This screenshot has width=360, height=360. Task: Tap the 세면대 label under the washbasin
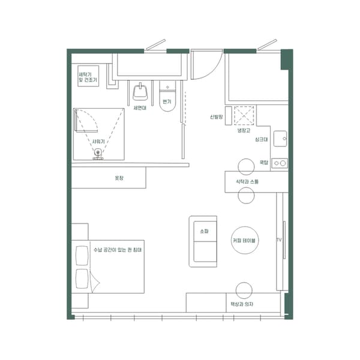point(140,108)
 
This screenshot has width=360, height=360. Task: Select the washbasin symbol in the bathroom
point(140,93)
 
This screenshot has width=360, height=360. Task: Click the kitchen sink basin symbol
point(281,139)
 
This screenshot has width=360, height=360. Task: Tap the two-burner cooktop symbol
point(280,162)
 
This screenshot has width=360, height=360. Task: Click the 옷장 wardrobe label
point(118,178)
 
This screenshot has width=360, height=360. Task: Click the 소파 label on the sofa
point(202,230)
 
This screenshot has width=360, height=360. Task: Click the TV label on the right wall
point(278,240)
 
